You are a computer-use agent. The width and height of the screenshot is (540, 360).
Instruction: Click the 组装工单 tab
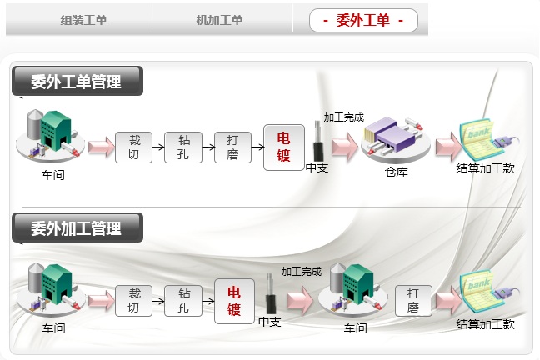pos(83,20)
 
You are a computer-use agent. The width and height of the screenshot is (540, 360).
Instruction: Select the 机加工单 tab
pos(219,20)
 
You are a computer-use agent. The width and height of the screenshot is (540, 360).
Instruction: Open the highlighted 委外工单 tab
pos(362,20)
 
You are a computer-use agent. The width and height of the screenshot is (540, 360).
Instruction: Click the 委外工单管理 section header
pos(77,82)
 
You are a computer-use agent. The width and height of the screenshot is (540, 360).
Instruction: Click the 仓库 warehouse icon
pos(394,139)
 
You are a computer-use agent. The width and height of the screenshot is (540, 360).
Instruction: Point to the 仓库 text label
pos(396,172)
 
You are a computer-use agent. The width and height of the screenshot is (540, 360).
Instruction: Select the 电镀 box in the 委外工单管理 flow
pos(283,147)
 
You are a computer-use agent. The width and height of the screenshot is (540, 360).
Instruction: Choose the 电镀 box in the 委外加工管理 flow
pos(234,300)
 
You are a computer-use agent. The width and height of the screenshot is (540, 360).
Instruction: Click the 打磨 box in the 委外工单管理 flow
pos(232,147)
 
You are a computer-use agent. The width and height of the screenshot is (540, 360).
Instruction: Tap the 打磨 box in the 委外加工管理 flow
pos(413,300)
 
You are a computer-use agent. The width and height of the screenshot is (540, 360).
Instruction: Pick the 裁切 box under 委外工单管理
pos(133,147)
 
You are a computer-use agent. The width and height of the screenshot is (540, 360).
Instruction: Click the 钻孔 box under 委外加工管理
pos(183,300)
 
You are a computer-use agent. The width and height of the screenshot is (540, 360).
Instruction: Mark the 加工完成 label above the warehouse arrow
pos(343,117)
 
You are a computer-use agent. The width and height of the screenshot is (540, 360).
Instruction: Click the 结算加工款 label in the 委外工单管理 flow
pos(485,168)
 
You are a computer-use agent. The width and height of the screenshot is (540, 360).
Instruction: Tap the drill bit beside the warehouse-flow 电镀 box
pos(317,142)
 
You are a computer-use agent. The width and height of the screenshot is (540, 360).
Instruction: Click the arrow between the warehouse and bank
pos(447,147)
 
